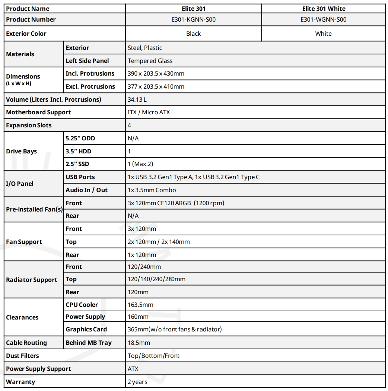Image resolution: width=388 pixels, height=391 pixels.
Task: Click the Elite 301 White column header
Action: [x=323, y=9]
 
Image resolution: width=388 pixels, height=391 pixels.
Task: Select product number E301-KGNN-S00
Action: [x=193, y=19]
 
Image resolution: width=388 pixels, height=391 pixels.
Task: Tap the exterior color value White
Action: [x=323, y=34]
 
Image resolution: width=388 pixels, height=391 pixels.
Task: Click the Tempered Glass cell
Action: [x=150, y=61]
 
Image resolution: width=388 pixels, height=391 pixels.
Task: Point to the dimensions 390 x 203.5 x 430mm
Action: [x=156, y=73]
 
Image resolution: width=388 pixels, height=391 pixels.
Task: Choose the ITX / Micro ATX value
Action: [x=149, y=112]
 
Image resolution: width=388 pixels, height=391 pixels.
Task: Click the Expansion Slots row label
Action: [x=29, y=125]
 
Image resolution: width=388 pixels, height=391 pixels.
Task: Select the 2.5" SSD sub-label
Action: [x=77, y=164]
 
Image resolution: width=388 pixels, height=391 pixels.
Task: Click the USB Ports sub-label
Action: [x=80, y=177]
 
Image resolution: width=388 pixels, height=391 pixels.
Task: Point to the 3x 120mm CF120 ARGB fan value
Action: [x=176, y=203]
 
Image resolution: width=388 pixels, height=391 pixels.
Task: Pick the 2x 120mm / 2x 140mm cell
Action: [x=159, y=242]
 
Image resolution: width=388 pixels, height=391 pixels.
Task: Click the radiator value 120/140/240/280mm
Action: [x=156, y=279]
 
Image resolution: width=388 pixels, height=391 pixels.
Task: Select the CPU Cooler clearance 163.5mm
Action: [x=140, y=305]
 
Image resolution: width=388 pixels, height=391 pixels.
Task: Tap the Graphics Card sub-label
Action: [x=86, y=329]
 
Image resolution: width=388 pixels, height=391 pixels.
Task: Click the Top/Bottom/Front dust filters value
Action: [x=153, y=356]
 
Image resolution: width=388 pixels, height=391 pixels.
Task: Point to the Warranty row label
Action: [x=20, y=382]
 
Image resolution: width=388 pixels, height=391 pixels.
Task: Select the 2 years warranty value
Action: [x=137, y=382]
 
